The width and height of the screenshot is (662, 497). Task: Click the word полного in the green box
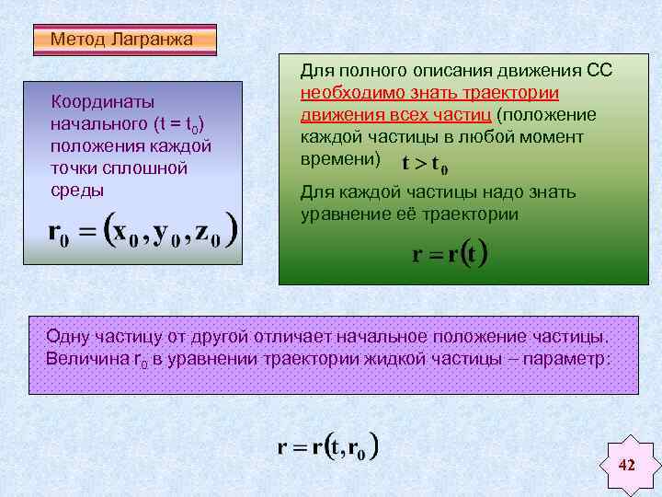pos(374,71)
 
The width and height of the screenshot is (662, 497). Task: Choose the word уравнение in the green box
pos(338,214)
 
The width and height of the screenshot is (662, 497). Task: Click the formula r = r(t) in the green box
pos(449,254)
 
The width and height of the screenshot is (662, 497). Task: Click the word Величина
pos(82,358)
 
